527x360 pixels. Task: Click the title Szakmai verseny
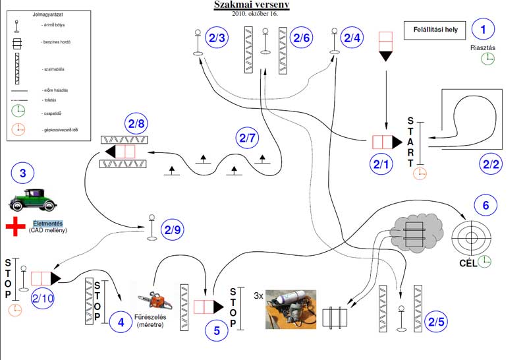point(251,5)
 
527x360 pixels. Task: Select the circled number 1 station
point(485,29)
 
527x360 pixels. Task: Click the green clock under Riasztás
point(487,58)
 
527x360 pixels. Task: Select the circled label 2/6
point(302,38)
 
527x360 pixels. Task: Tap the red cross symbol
point(15,227)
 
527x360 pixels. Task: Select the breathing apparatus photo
point(291,309)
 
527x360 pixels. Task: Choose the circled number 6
point(485,206)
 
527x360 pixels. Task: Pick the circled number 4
point(121,323)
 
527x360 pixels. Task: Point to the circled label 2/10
point(43,299)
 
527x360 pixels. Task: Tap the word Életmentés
point(49,223)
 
